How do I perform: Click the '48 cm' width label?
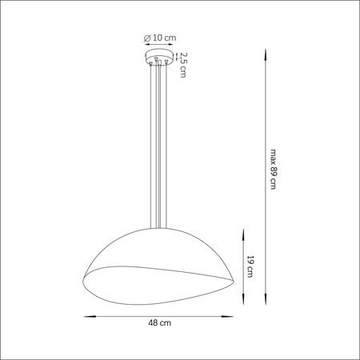(158, 324)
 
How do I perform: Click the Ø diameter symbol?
(146, 38)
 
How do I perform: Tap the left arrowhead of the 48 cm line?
(87, 314)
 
